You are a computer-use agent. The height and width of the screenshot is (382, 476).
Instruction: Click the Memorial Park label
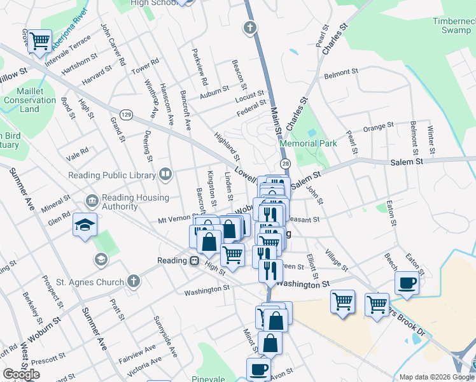(x=309, y=143)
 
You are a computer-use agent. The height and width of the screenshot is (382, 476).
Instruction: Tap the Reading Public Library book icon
(x=165, y=173)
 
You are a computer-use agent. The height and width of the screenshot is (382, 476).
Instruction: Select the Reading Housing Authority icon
(x=92, y=202)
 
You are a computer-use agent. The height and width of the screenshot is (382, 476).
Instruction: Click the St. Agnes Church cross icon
(x=133, y=280)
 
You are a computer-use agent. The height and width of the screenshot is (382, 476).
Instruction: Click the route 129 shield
(x=127, y=114)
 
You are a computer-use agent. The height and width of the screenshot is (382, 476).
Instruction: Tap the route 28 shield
(x=286, y=164)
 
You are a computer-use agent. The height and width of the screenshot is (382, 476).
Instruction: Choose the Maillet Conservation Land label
(x=29, y=100)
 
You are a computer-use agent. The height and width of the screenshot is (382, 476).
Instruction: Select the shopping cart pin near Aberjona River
(x=41, y=41)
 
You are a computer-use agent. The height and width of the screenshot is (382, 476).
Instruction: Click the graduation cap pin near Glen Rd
(x=85, y=225)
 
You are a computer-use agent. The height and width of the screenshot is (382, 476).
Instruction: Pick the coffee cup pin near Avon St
(x=258, y=368)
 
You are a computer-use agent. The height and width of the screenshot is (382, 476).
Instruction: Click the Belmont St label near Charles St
(x=337, y=74)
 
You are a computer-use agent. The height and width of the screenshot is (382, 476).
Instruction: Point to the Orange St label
(x=375, y=128)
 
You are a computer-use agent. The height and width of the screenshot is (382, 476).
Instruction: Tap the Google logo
(x=21, y=374)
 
